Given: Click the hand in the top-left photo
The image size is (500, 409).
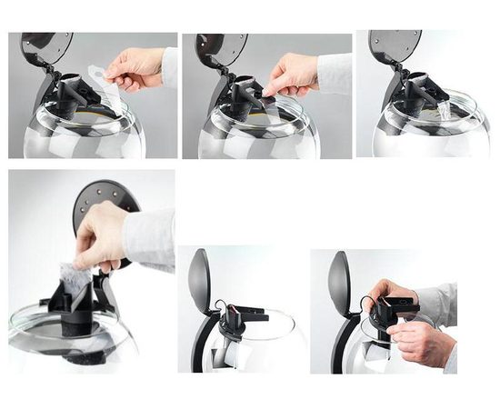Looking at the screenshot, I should [136, 67].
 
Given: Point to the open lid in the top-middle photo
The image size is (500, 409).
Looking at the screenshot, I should [220, 47].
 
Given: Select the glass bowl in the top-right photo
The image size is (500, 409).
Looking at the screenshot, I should [427, 132].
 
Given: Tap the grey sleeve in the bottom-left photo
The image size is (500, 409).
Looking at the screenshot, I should [150, 238].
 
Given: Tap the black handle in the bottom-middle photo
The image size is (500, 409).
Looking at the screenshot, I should [208, 341].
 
